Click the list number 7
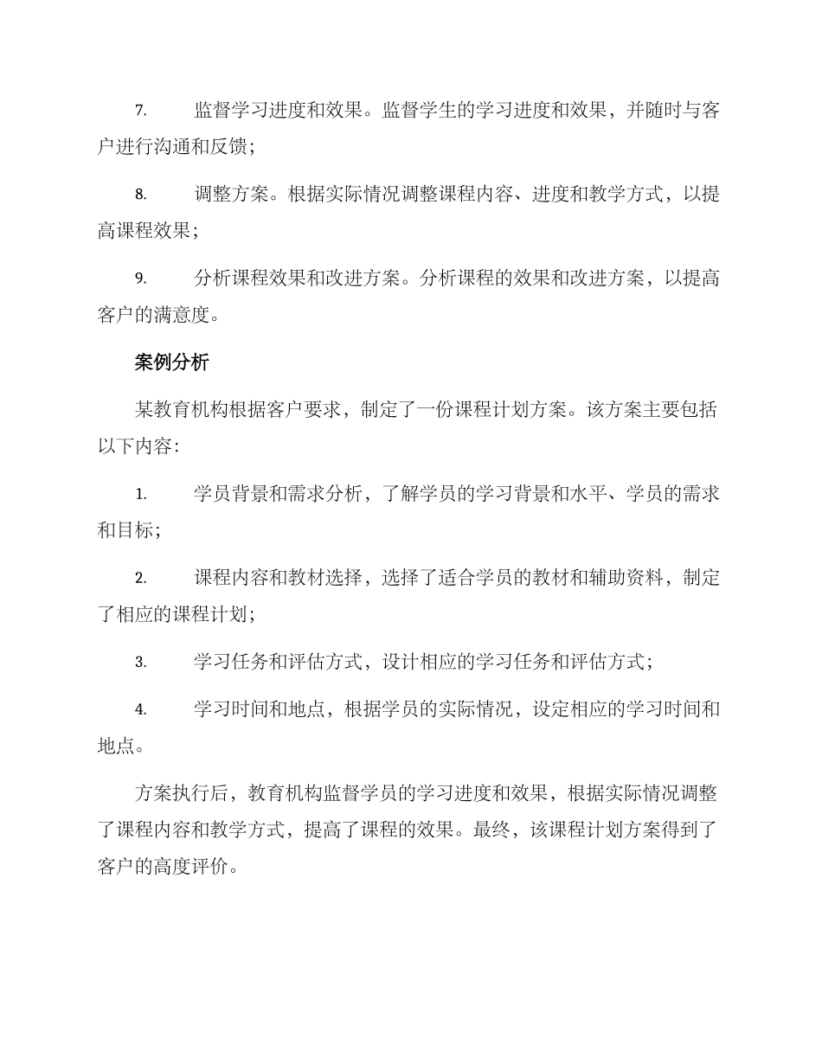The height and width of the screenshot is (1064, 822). pyautogui.click(x=140, y=112)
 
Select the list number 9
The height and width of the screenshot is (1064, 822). pyautogui.click(x=140, y=279)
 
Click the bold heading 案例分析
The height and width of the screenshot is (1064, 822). pyautogui.click(x=171, y=362)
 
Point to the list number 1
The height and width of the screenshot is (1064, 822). pyautogui.click(x=140, y=495)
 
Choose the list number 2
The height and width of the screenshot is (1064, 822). pyautogui.click(x=140, y=579)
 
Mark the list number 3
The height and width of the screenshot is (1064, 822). pyautogui.click(x=140, y=663)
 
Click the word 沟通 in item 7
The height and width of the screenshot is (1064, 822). pyautogui.click(x=171, y=147)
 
